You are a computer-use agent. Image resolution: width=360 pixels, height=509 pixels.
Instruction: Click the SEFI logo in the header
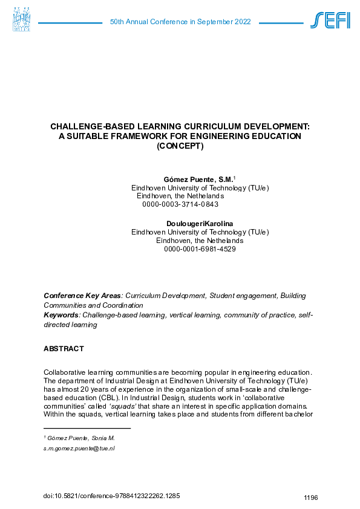tap(330, 21)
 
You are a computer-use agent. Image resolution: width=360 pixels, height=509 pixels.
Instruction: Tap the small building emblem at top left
tap(21, 19)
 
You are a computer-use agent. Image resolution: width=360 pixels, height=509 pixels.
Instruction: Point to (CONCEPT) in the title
tap(180, 146)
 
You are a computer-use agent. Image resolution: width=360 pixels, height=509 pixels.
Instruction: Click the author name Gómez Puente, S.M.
tap(198, 180)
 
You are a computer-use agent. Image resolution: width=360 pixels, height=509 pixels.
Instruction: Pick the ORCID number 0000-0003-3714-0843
tap(180, 204)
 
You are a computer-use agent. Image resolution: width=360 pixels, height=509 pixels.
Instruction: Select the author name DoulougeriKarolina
tap(200, 224)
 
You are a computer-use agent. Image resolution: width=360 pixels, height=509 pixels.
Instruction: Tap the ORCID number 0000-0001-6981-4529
tap(200, 248)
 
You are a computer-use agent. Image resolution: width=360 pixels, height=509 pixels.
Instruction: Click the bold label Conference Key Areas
tap(82, 296)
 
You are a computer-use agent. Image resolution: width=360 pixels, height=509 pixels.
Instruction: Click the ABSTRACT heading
tap(64, 349)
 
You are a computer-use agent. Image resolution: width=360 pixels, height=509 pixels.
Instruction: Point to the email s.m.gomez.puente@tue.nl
tap(79, 449)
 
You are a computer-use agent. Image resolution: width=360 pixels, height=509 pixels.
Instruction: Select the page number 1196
tap(310, 498)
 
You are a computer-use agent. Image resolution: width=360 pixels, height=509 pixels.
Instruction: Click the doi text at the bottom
tap(112, 496)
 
